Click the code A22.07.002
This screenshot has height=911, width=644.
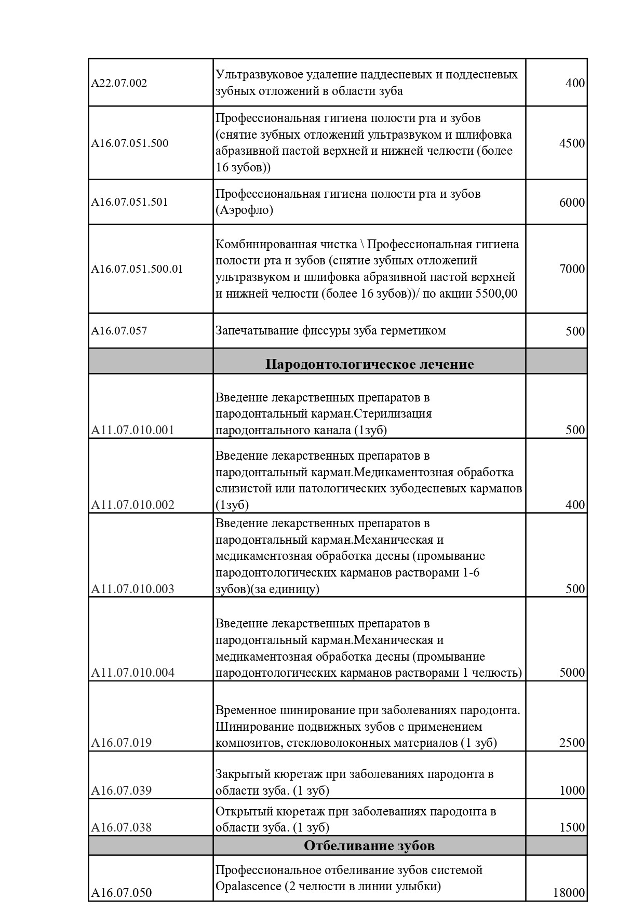tap(119, 83)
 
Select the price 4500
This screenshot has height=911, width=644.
tap(572, 143)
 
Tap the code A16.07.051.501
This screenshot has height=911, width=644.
tap(130, 202)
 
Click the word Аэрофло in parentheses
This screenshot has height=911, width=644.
tap(244, 210)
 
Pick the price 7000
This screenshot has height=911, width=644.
tap(572, 269)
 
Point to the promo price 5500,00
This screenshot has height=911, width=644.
tap(496, 293)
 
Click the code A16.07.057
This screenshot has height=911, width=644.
tap(119, 331)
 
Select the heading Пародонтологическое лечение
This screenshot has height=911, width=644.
tap(369, 364)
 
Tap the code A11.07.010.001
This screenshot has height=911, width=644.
tap(132, 430)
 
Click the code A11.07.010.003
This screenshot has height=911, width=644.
tap(132, 589)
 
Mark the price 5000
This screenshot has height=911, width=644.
tap(572, 673)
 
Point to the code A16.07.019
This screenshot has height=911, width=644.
tap(122, 743)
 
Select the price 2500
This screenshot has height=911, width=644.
tap(572, 743)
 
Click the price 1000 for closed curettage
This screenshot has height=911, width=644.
tap(572, 791)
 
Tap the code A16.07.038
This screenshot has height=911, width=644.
tap(122, 827)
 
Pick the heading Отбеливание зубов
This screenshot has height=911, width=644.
tap(369, 846)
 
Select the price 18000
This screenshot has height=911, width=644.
tap(569, 893)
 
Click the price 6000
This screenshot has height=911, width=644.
tap(572, 202)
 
